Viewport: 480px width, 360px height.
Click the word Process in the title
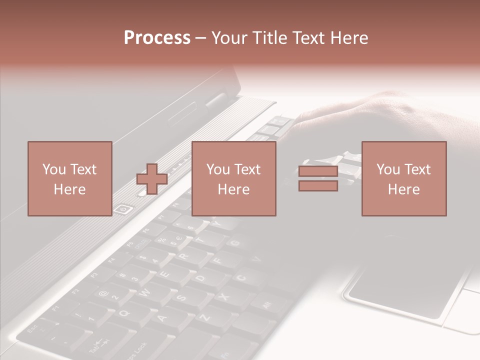157,38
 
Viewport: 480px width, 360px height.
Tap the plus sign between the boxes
152,179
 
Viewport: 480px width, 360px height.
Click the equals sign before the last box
318,178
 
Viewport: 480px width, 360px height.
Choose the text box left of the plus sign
69,178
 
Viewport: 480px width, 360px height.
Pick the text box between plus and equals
233,178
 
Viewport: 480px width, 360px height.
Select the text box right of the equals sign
403,178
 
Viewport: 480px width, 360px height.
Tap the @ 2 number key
107,295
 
